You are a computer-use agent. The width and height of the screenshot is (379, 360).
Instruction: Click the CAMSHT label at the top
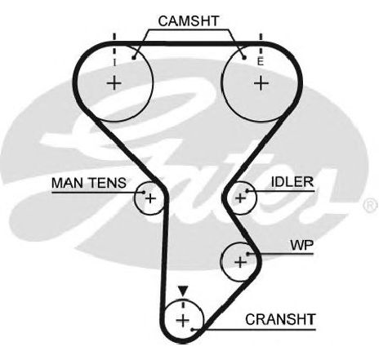tap(189, 21)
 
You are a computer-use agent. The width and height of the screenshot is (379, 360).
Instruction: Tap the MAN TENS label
tap(89, 183)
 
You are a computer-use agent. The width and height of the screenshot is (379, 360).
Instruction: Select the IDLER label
tap(292, 182)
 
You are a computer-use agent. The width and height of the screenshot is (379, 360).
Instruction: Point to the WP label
tap(302, 245)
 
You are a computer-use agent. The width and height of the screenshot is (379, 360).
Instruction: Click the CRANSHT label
tap(280, 319)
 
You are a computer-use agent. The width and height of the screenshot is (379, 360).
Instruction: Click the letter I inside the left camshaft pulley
tap(114, 63)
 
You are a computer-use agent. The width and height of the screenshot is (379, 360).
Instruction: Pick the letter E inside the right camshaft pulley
tap(261, 62)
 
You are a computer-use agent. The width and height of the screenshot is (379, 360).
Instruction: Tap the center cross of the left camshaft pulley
tap(114, 83)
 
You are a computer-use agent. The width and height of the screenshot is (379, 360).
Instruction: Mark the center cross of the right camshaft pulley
tap(261, 83)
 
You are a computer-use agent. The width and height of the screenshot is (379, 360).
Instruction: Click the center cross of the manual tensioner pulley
tap(150, 198)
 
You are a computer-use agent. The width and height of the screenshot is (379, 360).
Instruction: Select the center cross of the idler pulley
tap(240, 198)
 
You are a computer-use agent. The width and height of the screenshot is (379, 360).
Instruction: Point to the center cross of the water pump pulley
tap(240, 262)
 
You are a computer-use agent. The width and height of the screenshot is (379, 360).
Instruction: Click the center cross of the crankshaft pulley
tap(183, 320)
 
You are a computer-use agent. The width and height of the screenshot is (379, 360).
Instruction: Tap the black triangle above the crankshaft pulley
tap(183, 291)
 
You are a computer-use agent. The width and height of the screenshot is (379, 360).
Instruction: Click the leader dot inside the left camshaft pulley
tap(133, 58)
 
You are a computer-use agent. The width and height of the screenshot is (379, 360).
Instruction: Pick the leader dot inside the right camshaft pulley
tap(244, 57)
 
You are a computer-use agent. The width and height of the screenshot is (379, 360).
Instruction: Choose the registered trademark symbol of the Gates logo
tap(371, 205)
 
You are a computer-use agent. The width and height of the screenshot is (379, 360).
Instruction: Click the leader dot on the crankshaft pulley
tap(192, 330)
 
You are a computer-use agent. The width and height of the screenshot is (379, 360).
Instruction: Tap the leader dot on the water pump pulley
tap(247, 254)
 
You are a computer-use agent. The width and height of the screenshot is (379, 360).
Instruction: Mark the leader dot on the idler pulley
tap(247, 191)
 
